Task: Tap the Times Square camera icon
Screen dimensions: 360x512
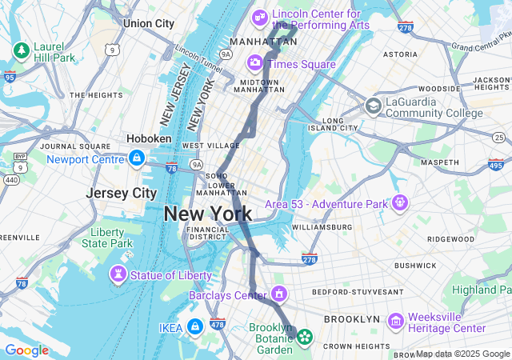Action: (255, 63)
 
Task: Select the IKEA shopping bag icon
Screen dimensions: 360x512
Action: (195, 326)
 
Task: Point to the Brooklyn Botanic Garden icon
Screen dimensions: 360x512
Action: (304, 338)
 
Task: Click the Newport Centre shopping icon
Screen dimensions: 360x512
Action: (137, 158)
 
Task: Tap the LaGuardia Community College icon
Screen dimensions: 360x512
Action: (374, 106)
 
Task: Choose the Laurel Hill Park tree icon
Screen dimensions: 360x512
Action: (21, 51)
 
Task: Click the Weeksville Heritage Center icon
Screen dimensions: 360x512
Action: (395, 321)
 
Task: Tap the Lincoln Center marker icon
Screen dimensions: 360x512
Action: (260, 17)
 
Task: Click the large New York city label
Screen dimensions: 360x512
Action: (208, 214)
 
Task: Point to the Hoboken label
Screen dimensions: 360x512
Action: (149, 138)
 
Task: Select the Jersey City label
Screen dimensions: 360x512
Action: (122, 194)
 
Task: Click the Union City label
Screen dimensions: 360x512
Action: (148, 23)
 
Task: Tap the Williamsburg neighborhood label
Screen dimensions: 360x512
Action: (322, 227)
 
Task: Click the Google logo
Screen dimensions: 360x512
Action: (26, 350)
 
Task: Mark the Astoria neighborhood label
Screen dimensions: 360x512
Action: (400, 54)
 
